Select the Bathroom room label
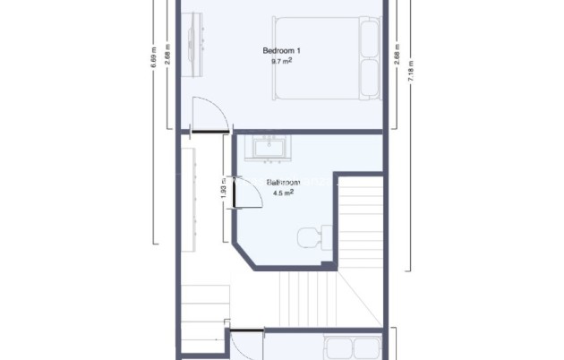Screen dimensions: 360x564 284,183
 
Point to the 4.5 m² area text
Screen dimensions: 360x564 282,192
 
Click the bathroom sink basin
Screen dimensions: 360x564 269,147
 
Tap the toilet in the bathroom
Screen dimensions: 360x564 310,238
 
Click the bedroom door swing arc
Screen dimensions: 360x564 208,112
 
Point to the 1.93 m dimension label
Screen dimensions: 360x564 223,191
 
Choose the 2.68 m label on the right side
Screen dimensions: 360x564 397,54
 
